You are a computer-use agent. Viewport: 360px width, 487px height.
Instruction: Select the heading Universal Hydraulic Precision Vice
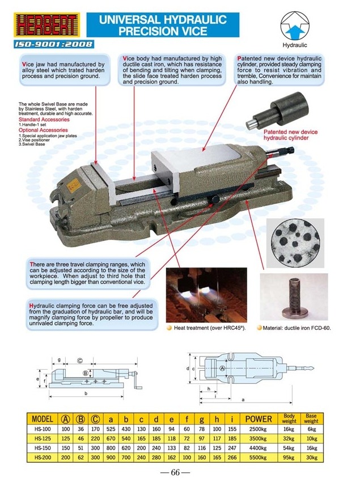coord(163,26)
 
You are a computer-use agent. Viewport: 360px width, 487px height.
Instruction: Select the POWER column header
coord(259,419)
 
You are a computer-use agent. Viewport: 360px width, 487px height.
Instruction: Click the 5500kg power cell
coord(259,457)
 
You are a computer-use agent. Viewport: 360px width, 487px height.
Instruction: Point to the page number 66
coord(179,473)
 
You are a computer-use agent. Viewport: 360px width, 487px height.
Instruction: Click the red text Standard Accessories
coord(44,120)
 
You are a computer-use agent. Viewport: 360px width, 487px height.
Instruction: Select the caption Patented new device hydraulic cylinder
coord(291,135)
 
